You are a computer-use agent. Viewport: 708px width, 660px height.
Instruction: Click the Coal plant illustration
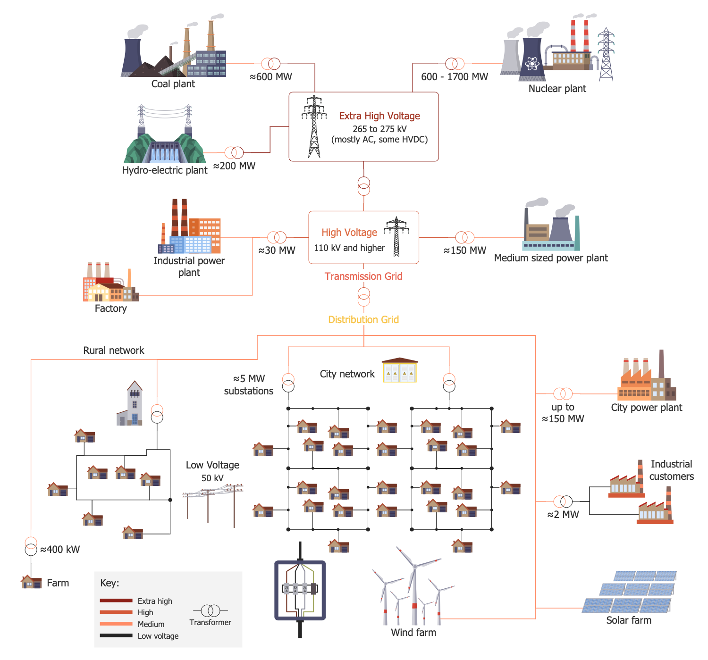point(174,50)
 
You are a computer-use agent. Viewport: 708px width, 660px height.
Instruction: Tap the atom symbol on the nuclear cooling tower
point(532,63)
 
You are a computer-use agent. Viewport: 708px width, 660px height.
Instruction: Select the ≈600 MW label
point(271,77)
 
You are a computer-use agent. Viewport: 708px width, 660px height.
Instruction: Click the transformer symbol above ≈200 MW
point(234,152)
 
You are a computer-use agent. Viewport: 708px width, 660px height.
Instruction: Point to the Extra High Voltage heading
point(379,116)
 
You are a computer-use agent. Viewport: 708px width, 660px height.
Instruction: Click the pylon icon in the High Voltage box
point(396,237)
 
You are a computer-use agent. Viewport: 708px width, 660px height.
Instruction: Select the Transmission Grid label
point(363,276)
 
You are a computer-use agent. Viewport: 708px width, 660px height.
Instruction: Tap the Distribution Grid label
point(363,320)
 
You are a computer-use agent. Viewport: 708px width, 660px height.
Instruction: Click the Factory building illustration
point(110,283)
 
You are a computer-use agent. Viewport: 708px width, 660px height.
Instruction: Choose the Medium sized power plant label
point(551,258)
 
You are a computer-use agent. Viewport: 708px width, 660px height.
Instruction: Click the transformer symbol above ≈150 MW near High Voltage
point(465,237)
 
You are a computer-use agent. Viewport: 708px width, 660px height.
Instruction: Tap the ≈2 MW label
point(563,515)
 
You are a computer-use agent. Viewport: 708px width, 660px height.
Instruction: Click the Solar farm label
point(629,620)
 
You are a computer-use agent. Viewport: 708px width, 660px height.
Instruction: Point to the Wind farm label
point(413,633)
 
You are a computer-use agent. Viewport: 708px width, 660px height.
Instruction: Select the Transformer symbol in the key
point(211,611)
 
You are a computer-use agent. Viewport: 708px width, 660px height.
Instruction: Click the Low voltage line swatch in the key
point(116,635)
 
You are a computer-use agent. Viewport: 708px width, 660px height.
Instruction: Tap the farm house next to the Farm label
point(32,582)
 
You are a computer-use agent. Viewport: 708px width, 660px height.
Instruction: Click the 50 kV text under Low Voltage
point(212,478)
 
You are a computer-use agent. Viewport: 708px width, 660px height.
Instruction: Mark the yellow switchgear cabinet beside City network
point(400,370)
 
